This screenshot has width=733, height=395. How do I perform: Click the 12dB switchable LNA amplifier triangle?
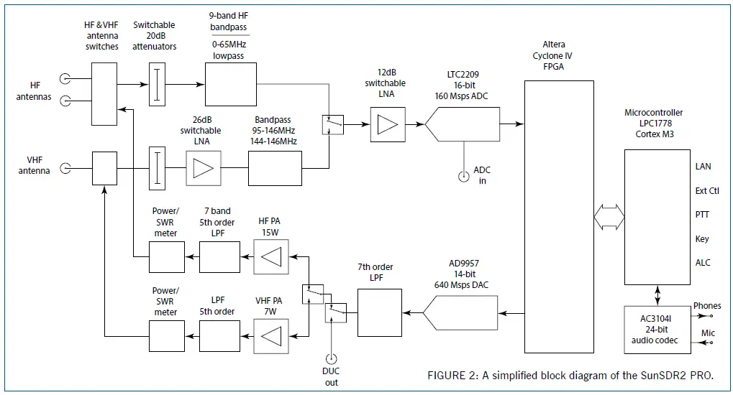pyautogui.click(x=388, y=124)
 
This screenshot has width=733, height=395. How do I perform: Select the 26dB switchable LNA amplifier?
pyautogui.click(x=204, y=169)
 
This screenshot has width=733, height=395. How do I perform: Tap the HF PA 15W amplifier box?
pyautogui.click(x=270, y=256)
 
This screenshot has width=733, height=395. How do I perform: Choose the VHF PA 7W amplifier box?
pyautogui.click(x=270, y=335)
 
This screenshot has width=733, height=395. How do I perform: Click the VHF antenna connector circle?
pyautogui.click(x=65, y=169)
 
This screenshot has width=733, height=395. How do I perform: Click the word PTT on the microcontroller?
pyautogui.click(x=703, y=215)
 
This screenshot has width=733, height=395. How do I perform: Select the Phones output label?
pyautogui.click(x=706, y=307)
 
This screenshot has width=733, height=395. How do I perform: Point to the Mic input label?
pyautogui.click(x=708, y=333)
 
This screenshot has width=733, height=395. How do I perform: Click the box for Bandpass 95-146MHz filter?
pyautogui.click(x=276, y=169)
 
